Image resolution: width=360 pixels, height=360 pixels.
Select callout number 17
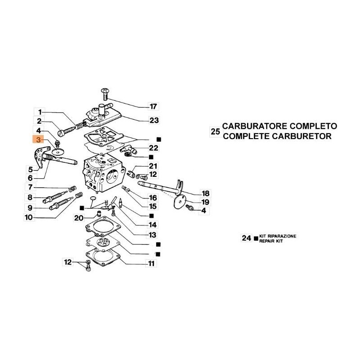tap(154, 107)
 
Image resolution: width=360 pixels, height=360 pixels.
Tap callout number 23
tap(154, 121)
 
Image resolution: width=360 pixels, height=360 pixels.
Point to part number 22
tap(154, 148)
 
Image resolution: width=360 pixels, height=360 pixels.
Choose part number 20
tap(78, 218)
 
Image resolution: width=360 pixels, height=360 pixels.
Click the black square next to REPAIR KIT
tap(256, 238)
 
